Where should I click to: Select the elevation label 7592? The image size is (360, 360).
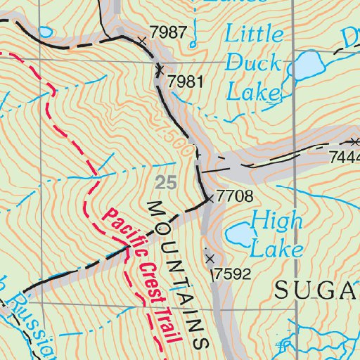pyautogui.click(x=232, y=274)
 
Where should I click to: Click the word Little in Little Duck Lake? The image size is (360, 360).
pyautogui.click(x=255, y=35)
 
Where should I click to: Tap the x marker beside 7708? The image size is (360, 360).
pyautogui.click(x=209, y=200)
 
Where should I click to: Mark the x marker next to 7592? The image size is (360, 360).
pyautogui.click(x=209, y=258)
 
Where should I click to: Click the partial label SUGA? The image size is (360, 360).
pyautogui.click(x=316, y=289)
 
